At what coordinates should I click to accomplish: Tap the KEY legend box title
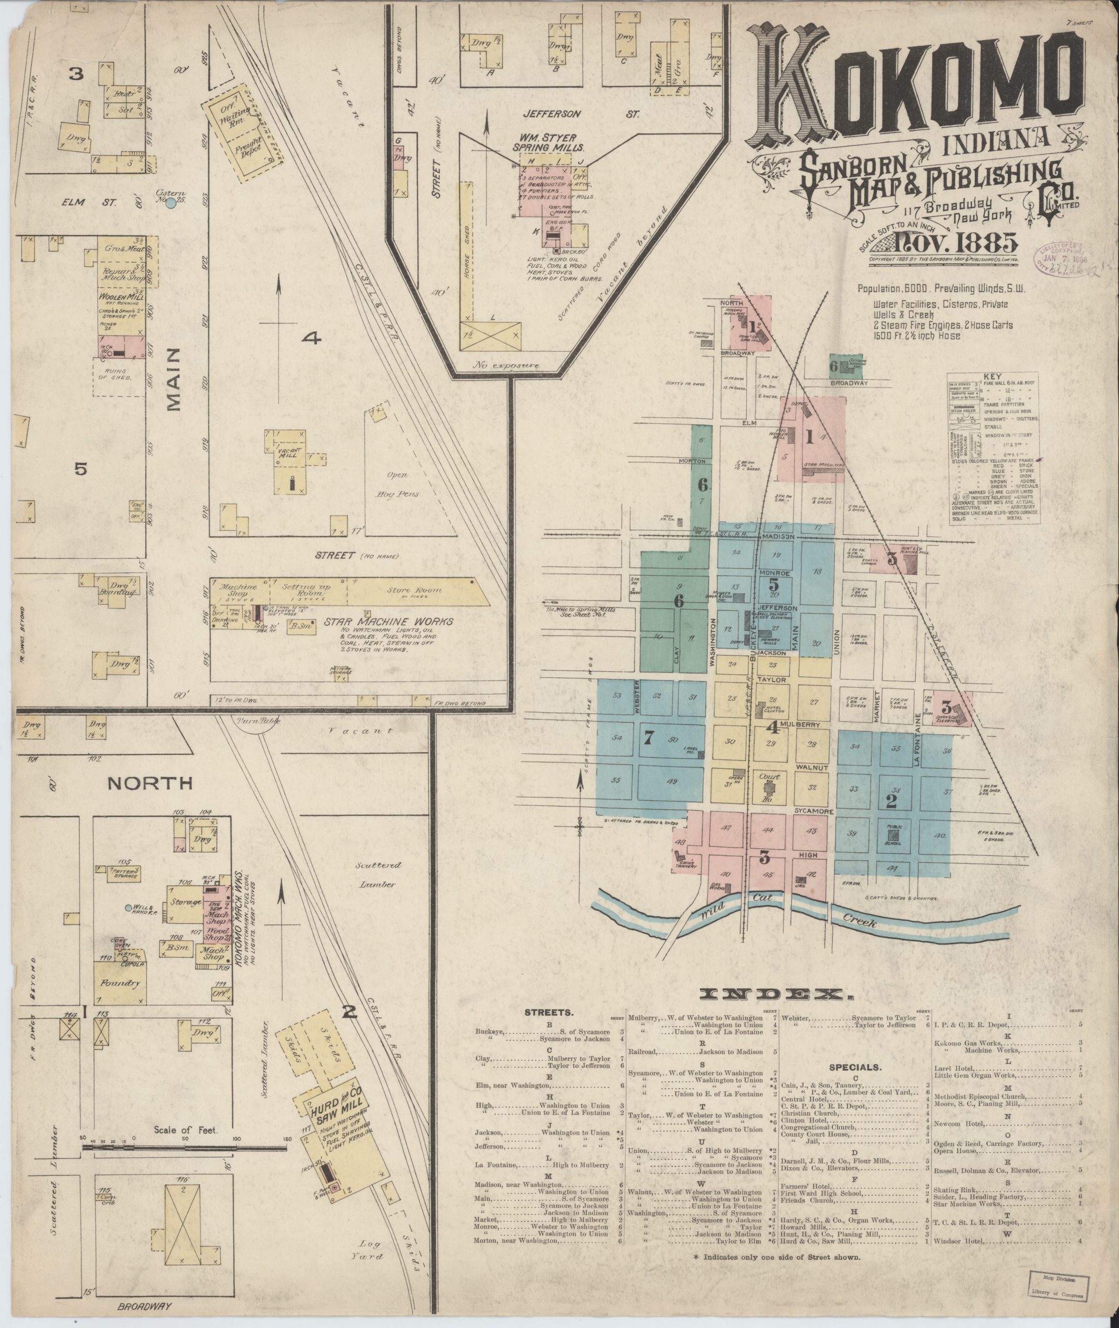pos(991,376)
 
